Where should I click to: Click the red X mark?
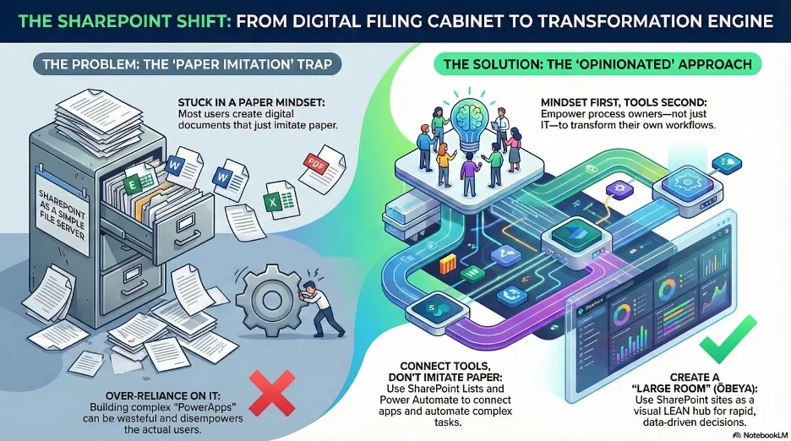[x=272, y=393]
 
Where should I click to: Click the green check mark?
[x=727, y=340]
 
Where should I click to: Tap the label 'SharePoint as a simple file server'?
[x=62, y=215]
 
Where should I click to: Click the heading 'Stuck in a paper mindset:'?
[x=252, y=102]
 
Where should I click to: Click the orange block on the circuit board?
[x=447, y=264]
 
